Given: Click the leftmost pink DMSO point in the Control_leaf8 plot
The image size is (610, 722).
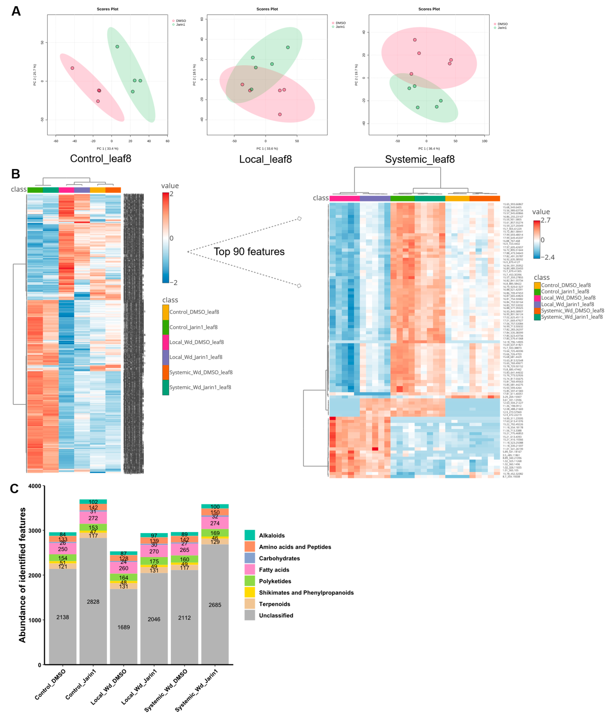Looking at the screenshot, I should point(72,68).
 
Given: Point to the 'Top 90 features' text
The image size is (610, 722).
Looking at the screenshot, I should point(249,251).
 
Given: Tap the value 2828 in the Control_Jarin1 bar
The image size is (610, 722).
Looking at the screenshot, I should point(93,602).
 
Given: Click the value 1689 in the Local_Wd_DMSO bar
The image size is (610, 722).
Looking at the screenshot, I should point(123,627).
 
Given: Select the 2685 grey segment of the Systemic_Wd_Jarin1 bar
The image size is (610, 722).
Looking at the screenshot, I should point(215,605).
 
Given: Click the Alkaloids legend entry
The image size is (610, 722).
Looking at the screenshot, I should point(271,536).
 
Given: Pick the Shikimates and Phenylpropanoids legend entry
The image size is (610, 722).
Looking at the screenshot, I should point(306,593).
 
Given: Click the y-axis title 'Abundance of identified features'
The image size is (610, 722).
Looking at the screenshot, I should point(23,575).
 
